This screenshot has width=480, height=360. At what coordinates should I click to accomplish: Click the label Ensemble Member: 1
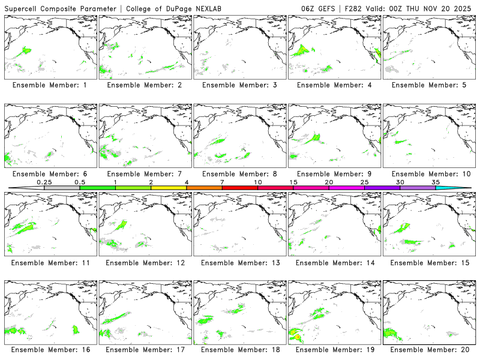click(50, 85)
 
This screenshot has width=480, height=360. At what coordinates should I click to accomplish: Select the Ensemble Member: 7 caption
click(145, 173)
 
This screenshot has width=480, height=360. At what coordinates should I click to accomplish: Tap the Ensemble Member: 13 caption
click(239, 262)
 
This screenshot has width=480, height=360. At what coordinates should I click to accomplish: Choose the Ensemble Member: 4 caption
click(334, 85)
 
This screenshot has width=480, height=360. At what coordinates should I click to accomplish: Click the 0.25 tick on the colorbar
click(44, 182)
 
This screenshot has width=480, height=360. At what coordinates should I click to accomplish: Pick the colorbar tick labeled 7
click(222, 182)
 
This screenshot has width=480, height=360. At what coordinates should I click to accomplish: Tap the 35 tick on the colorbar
click(436, 182)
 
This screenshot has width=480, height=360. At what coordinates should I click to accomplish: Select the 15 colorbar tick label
click(293, 182)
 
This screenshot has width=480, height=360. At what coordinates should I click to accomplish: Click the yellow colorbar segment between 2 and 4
click(169, 188)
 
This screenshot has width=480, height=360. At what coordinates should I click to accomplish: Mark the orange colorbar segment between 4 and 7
click(204, 188)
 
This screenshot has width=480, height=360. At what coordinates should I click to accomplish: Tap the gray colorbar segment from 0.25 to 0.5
click(62, 188)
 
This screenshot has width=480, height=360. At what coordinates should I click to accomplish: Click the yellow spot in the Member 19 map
click(296, 337)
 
